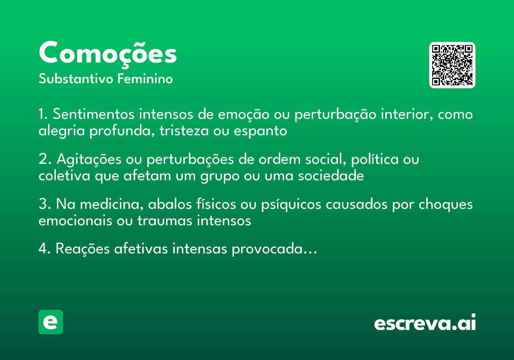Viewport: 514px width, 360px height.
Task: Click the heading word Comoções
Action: [108, 53]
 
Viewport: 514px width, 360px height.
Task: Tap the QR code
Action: [452, 65]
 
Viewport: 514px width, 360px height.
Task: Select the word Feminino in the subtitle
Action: [145, 79]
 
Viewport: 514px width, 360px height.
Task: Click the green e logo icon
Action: [51, 322]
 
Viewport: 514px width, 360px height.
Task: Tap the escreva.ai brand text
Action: [425, 323]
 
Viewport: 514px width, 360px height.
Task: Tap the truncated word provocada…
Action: [275, 249]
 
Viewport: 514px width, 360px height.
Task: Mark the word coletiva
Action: [64, 176]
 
